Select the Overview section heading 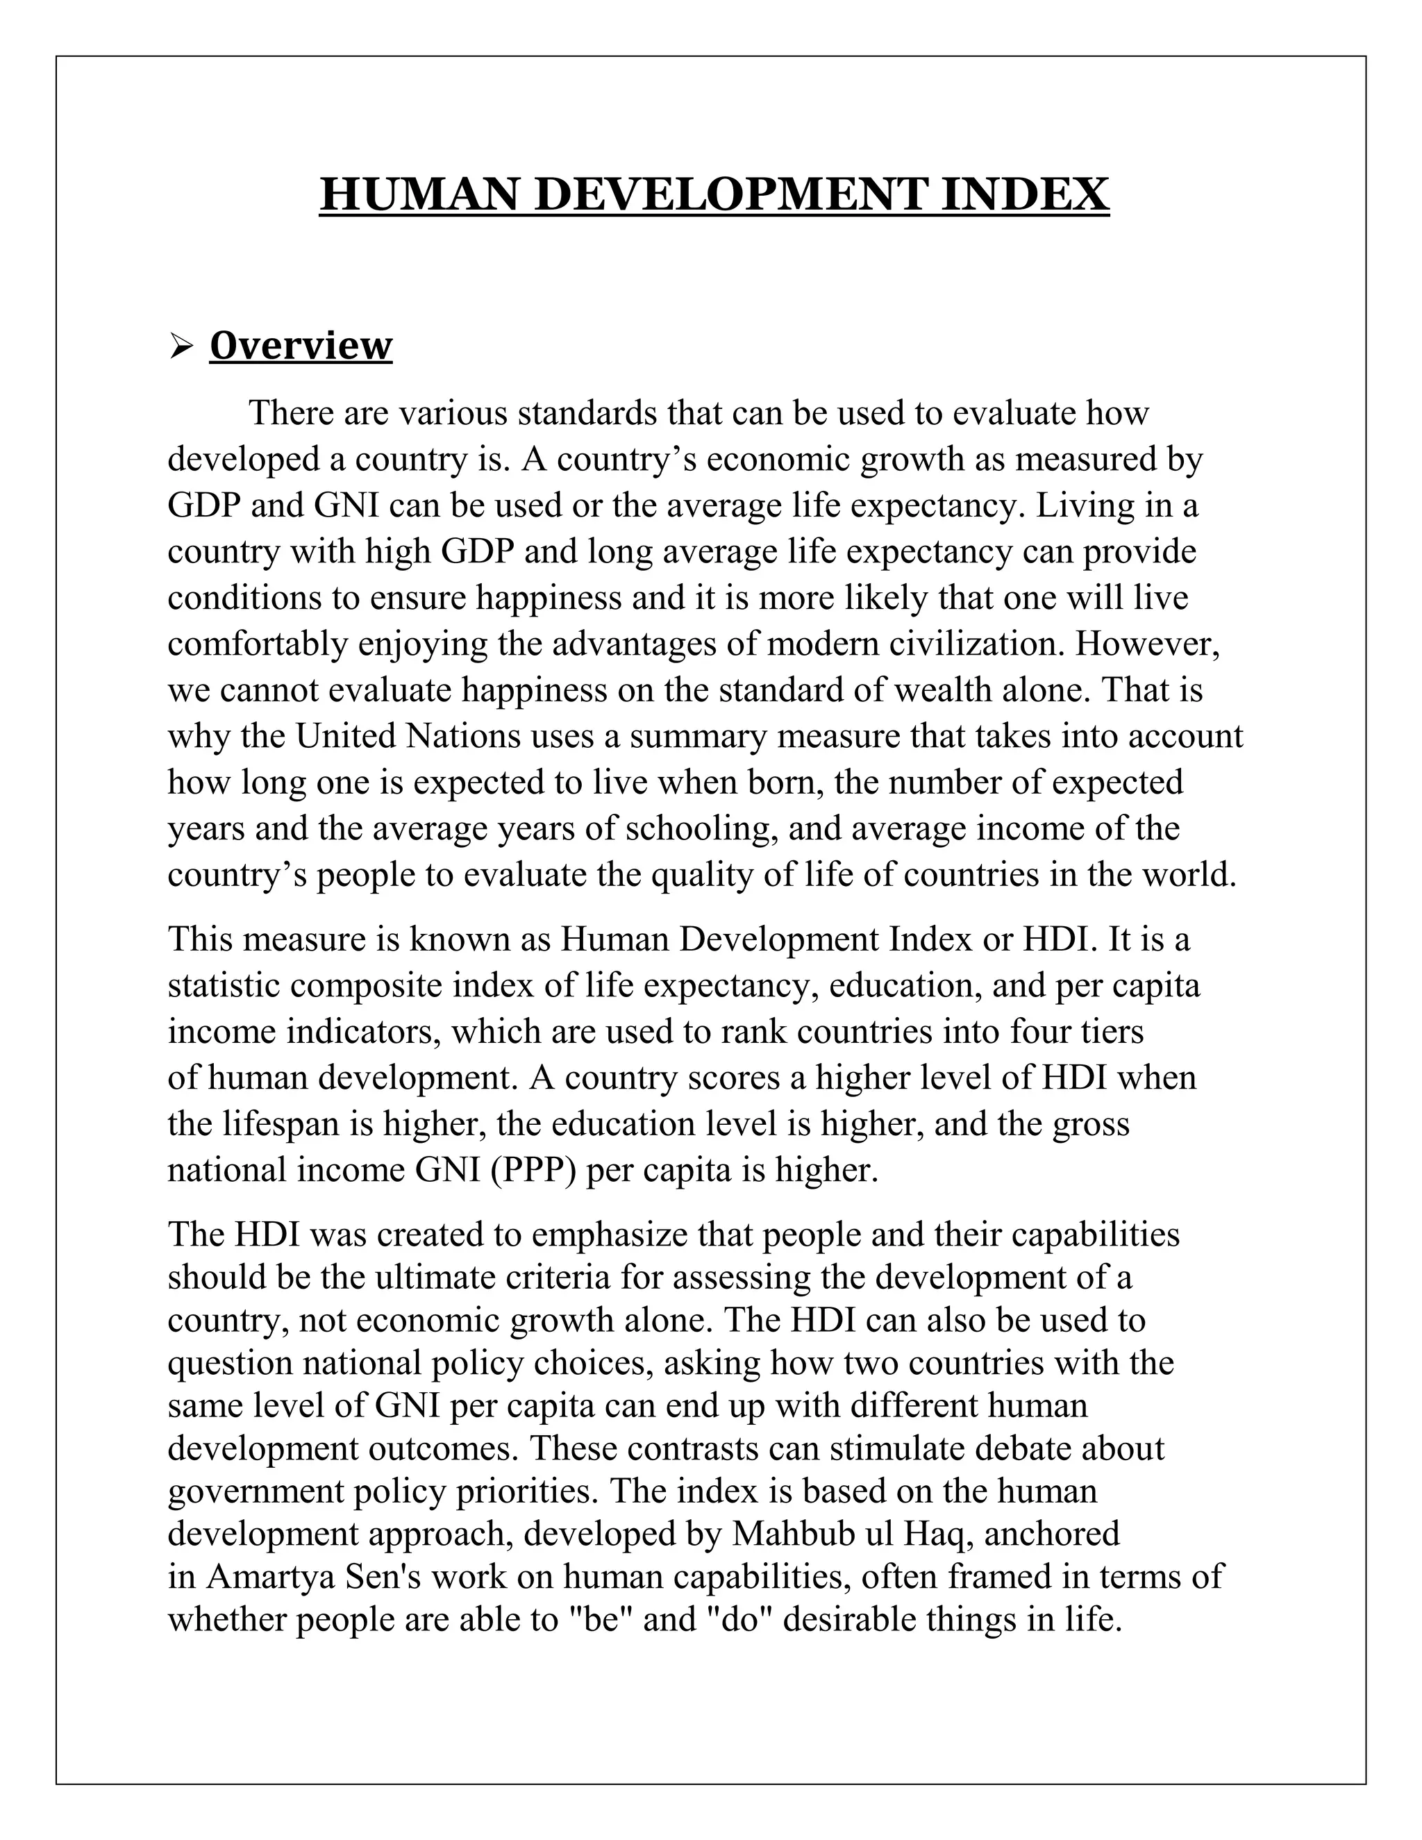click(x=301, y=345)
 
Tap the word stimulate click(x=896, y=1448)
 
